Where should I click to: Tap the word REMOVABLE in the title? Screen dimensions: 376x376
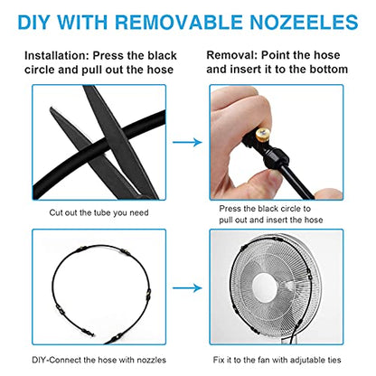pyautogui.click(x=179, y=22)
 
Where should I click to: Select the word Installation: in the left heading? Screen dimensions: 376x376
pyautogui.click(x=57, y=56)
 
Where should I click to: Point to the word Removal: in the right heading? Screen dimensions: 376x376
pyautogui.click(x=232, y=55)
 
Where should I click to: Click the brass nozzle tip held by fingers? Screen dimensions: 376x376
pyautogui.click(x=263, y=134)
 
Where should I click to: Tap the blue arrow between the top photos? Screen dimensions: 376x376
pyautogui.click(x=187, y=142)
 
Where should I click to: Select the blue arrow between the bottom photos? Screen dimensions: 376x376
pyautogui.click(x=187, y=288)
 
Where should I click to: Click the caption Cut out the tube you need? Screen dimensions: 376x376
pyautogui.click(x=99, y=212)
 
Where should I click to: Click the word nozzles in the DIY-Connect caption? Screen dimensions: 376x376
pyautogui.click(x=151, y=360)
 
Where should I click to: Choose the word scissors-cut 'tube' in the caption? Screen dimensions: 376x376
pyautogui.click(x=102, y=212)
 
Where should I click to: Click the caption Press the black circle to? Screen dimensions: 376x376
pyautogui.click(x=265, y=209)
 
